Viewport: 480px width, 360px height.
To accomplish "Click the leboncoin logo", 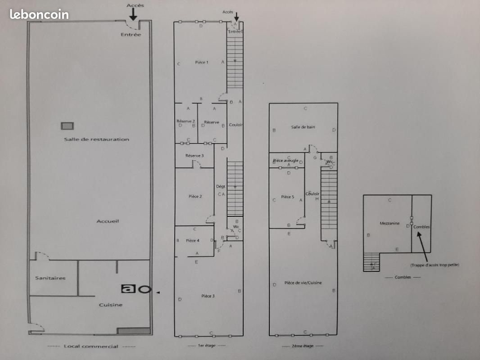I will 39,14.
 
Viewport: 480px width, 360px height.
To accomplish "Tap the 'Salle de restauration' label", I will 96,139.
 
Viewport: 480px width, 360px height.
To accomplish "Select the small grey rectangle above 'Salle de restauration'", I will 68,126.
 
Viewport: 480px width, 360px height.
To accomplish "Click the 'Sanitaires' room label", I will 50,278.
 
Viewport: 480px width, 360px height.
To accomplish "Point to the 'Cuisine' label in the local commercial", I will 111,305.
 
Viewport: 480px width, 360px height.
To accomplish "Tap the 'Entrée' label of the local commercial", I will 131,35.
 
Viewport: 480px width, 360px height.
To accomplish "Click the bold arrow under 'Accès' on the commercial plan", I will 133,16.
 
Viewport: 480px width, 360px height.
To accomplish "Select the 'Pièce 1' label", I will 202,63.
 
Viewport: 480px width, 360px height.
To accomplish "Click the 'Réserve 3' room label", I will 195,156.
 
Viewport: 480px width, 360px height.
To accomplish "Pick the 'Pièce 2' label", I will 195,197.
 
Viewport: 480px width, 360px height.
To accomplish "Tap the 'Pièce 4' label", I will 193,241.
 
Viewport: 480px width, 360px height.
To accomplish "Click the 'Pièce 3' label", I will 208,296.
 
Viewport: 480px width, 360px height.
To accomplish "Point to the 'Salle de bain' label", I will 303,127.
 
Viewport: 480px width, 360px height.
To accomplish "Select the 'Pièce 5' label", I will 287,197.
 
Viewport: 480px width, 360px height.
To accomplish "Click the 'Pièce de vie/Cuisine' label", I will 303,283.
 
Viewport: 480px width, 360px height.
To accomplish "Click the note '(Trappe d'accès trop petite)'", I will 435,265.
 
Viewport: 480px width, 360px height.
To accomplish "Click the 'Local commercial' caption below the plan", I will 91,346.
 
